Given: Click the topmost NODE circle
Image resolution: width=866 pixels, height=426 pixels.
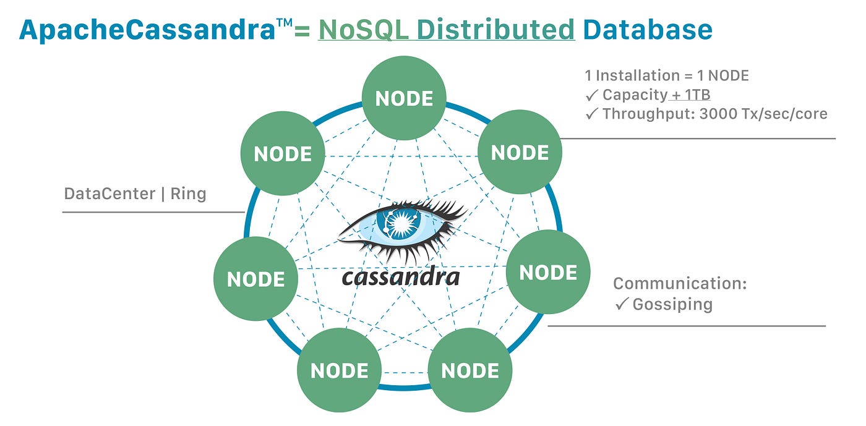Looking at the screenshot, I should [x=403, y=99].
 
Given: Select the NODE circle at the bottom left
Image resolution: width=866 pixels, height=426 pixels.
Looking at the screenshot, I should [x=339, y=371].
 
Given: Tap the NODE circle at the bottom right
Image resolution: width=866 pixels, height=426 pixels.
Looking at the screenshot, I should [x=470, y=371].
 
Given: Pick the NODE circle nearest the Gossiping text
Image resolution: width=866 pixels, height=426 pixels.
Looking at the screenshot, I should [x=548, y=273].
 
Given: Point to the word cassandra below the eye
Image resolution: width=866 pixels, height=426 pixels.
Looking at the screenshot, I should [x=401, y=276].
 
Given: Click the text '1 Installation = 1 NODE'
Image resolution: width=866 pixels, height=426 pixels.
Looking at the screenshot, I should [x=666, y=76].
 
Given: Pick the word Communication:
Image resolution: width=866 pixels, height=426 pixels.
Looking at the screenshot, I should [x=680, y=284].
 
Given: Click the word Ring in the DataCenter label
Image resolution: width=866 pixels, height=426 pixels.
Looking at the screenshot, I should [x=188, y=194].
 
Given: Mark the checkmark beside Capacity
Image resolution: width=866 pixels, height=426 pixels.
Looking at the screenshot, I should [x=591, y=95].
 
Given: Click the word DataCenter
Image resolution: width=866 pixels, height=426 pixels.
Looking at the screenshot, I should [x=109, y=194].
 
